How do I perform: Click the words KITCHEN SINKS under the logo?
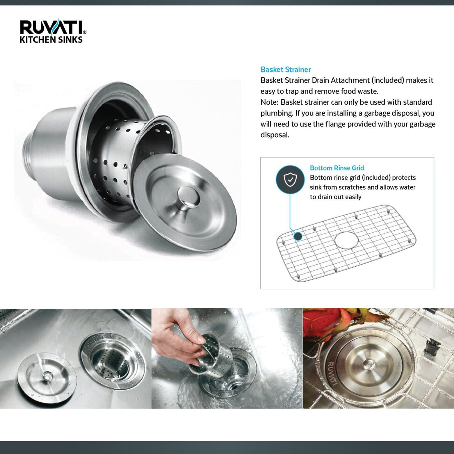click(51, 40)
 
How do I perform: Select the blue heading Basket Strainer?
click(285, 70)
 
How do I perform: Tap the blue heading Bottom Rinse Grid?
click(337, 168)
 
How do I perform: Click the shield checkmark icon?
click(290, 180)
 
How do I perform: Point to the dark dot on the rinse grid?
click(298, 236)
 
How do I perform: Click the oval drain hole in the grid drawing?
click(346, 240)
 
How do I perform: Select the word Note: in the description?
click(269, 102)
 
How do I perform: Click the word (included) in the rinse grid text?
click(376, 178)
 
